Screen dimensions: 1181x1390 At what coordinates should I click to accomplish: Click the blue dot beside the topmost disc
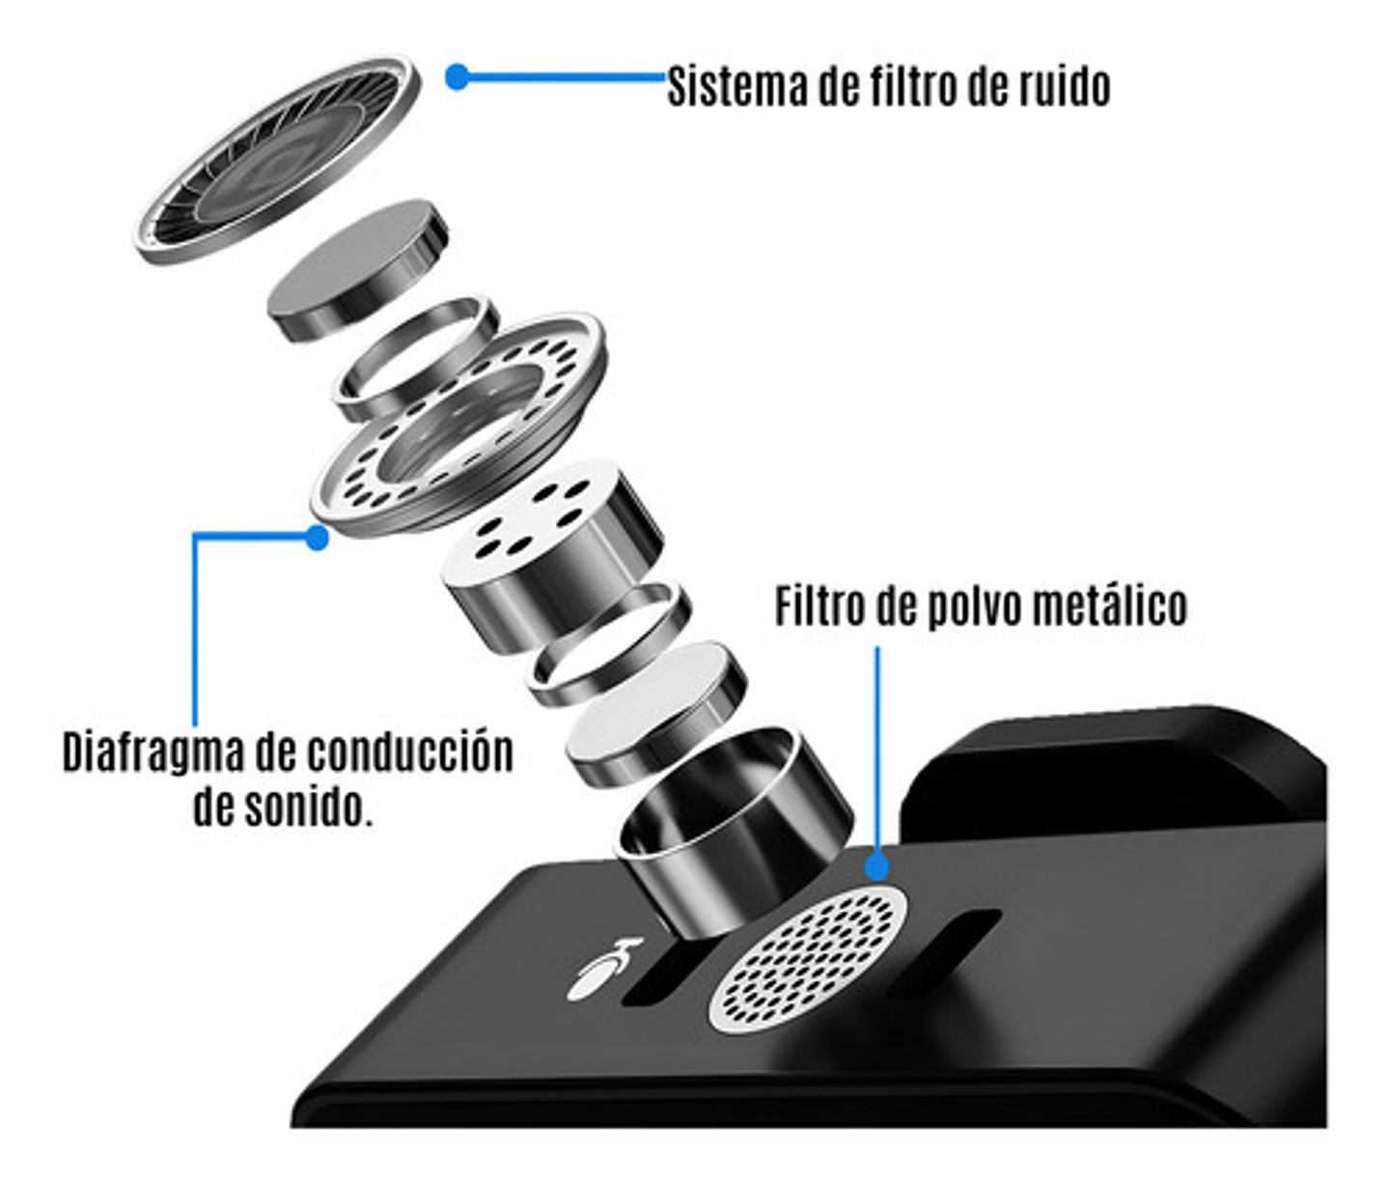[x=458, y=77]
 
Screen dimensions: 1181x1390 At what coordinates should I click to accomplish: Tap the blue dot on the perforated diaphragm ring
[x=317, y=537]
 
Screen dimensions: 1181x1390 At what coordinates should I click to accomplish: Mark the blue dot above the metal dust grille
[x=876, y=866]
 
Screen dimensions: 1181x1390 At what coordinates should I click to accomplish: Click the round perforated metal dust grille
[x=809, y=958]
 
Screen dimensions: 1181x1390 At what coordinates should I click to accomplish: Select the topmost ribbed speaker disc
[x=278, y=160]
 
